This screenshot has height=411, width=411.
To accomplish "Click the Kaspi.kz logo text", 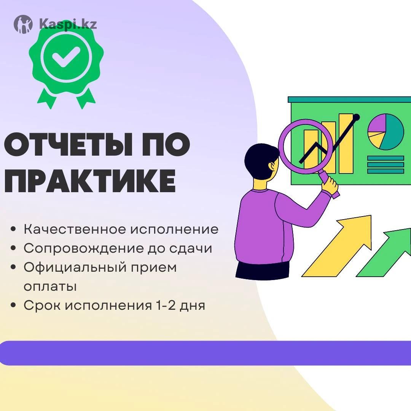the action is click(68, 24).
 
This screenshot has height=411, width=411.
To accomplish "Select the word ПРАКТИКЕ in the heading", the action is click(90, 181).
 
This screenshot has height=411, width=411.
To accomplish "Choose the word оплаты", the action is click(50, 287).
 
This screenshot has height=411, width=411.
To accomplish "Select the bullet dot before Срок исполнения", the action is click(13, 306).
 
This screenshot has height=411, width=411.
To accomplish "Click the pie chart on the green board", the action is click(386, 132).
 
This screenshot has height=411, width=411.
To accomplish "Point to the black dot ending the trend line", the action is click(357, 118).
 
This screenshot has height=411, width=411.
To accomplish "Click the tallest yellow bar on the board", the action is click(346, 143).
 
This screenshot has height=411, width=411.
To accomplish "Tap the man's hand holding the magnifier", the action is click(330, 186).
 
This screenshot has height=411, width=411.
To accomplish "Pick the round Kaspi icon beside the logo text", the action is click(23, 24).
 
